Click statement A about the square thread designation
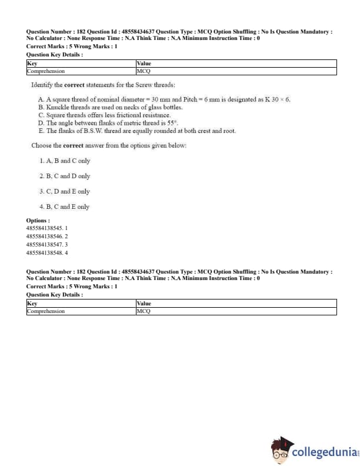pyautogui.click(x=164, y=99)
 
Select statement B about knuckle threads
pyautogui.click(x=110, y=107)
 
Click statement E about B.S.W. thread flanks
pyautogui.click(x=136, y=130)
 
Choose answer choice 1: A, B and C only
pyautogui.click(x=65, y=161)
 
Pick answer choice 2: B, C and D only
pyautogui.click(x=65, y=176)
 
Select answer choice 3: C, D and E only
pyautogui.click(x=65, y=191)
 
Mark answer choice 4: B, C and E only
pyautogui.click(x=65, y=207)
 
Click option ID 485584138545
pyautogui.click(x=47, y=228)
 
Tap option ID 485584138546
pyautogui.click(x=47, y=236)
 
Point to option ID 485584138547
pyautogui.click(x=47, y=244)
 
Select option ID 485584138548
pyautogui.click(x=47, y=252)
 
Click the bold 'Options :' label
pyautogui.click(x=38, y=220)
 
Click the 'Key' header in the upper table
pyautogui.click(x=32, y=62)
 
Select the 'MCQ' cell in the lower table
pyautogui.click(x=144, y=311)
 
